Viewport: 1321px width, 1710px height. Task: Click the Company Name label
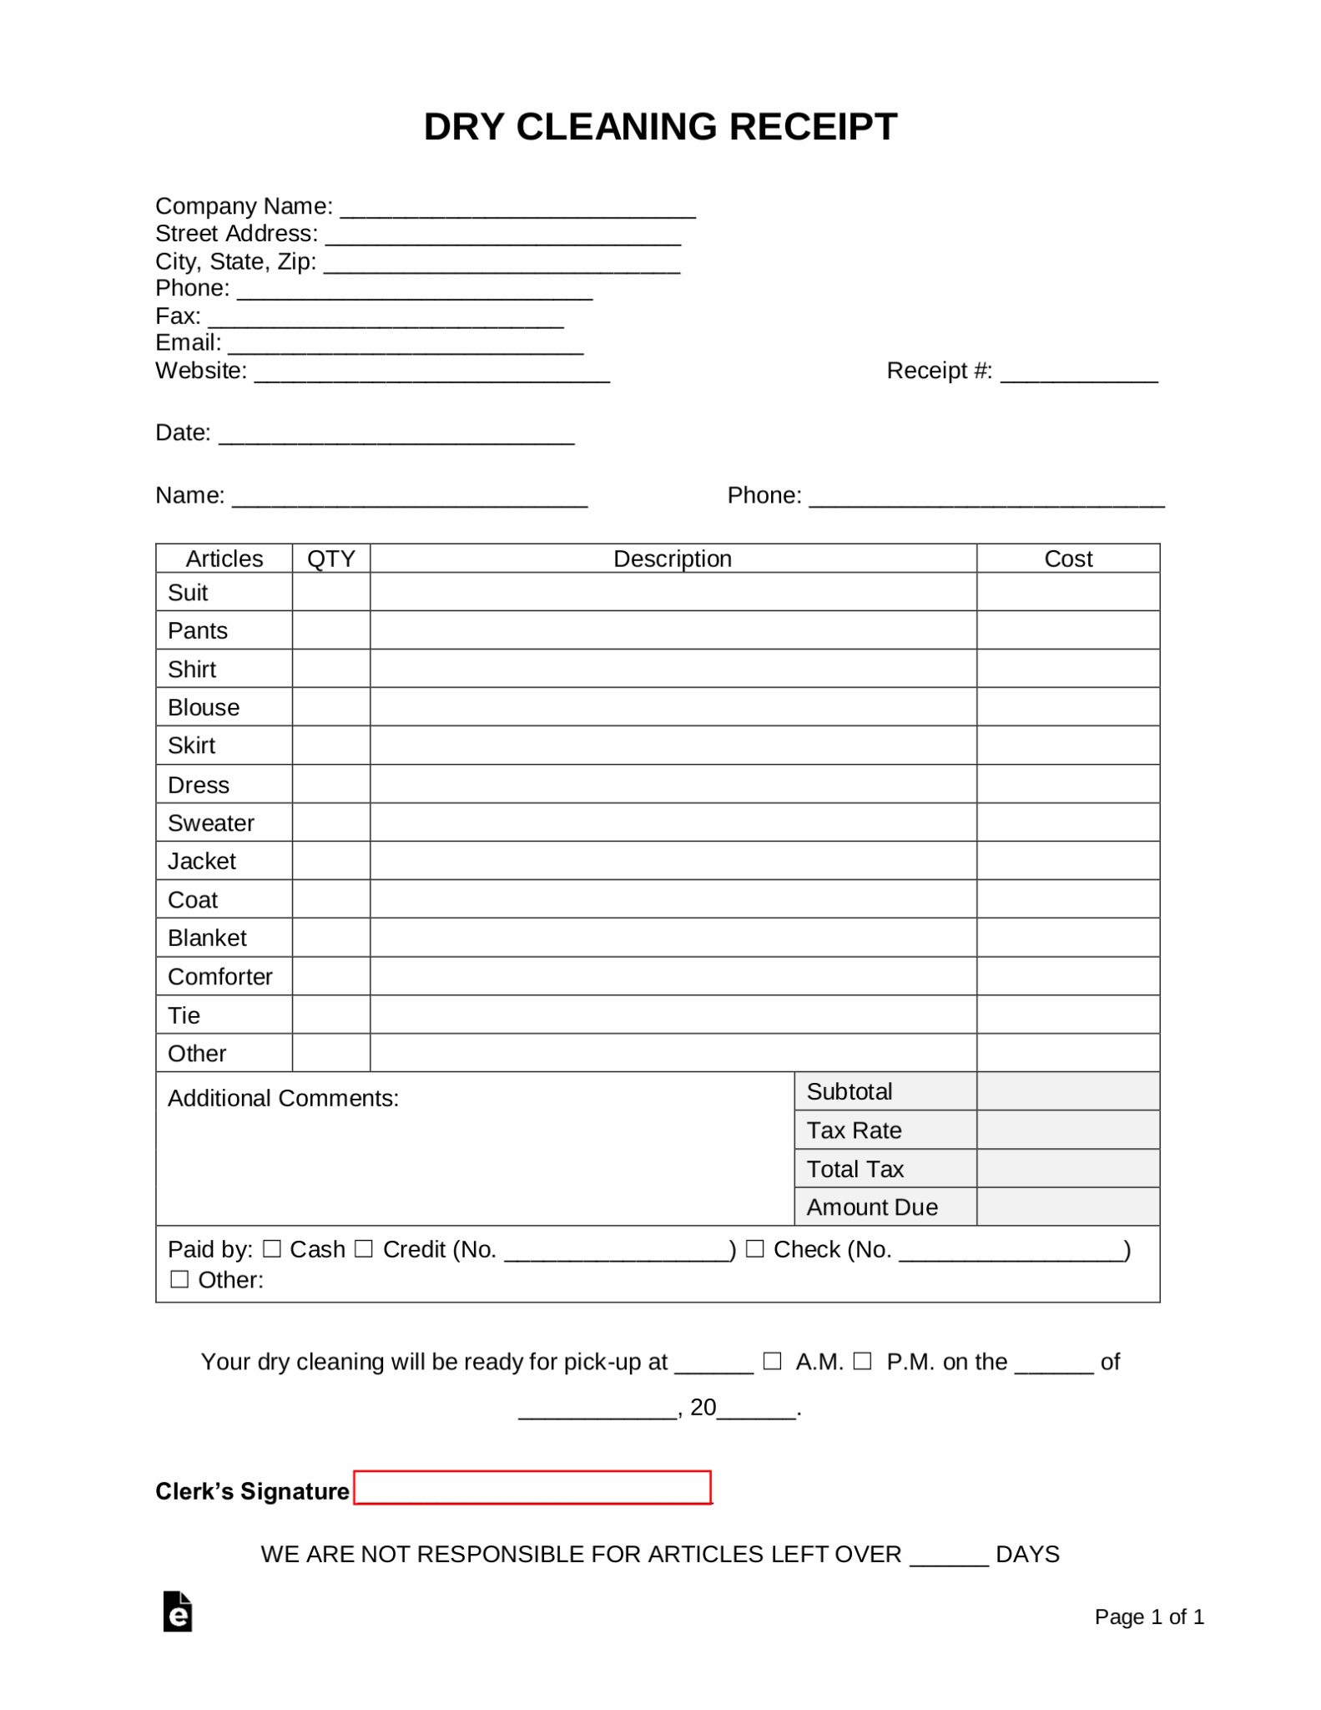(x=244, y=206)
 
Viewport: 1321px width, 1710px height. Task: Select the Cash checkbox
(x=272, y=1248)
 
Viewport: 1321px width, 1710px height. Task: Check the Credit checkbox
(x=363, y=1248)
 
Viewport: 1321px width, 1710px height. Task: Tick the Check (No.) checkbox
(x=754, y=1248)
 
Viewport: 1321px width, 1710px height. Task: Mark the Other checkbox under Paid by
(x=179, y=1279)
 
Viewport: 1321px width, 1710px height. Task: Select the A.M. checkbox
(x=773, y=1361)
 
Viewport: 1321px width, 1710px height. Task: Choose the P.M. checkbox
(x=863, y=1361)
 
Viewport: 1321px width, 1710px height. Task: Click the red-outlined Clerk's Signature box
(x=532, y=1487)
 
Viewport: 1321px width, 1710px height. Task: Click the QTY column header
(x=331, y=559)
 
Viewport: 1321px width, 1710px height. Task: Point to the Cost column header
(x=1068, y=559)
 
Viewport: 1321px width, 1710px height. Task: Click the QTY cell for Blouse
(x=331, y=707)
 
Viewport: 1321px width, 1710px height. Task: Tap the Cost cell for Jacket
(x=1068, y=861)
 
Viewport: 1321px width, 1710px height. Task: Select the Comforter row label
(x=220, y=977)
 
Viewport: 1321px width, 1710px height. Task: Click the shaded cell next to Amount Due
(x=1068, y=1207)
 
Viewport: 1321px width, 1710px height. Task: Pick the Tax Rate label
(x=854, y=1131)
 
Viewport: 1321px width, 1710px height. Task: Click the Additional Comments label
(x=283, y=1098)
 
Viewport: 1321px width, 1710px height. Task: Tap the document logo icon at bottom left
(x=178, y=1611)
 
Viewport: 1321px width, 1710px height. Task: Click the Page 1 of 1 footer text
(x=1149, y=1617)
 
